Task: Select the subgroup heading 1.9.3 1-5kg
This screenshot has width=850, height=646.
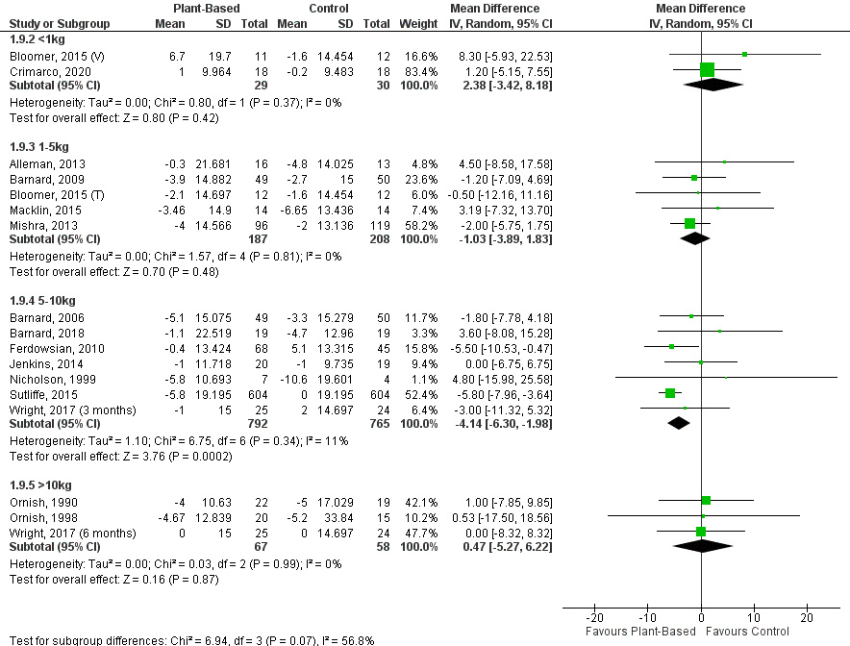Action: (x=38, y=147)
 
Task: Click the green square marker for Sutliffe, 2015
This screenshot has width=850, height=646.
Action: (x=670, y=392)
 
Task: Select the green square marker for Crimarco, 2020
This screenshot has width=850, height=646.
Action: (x=708, y=69)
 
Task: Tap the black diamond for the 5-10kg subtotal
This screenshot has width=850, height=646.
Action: (x=679, y=423)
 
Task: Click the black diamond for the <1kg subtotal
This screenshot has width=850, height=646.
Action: (x=713, y=85)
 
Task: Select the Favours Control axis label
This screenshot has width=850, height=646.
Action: (x=748, y=632)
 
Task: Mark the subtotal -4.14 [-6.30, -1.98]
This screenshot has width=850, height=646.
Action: (x=514, y=423)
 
